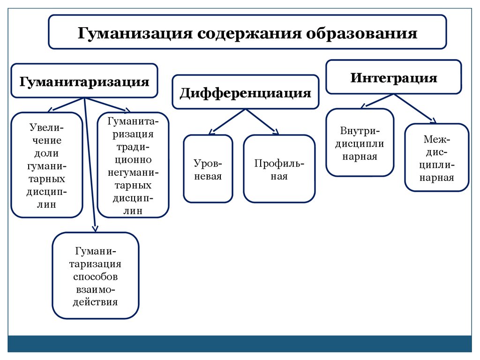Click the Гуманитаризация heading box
pyautogui.click(x=84, y=81)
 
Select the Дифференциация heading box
pyautogui.click(x=245, y=92)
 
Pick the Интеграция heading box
pyautogui.click(x=394, y=77)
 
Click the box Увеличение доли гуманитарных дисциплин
pyautogui.click(x=47, y=165)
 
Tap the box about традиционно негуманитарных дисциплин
pyautogui.click(x=133, y=165)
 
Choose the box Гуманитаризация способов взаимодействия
pyautogui.click(x=96, y=276)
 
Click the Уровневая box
pyautogui.click(x=208, y=169)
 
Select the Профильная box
pyautogui.click(x=279, y=169)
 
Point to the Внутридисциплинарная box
pyautogui.click(x=360, y=142)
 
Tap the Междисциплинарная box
pyautogui.click(x=436, y=157)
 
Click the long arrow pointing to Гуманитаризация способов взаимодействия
pyautogui.click(x=90, y=164)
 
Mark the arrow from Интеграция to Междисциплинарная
pyautogui.click(x=415, y=108)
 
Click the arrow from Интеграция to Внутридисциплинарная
pyautogui.click(x=378, y=101)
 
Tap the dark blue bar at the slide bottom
pyautogui.click(x=240, y=344)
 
